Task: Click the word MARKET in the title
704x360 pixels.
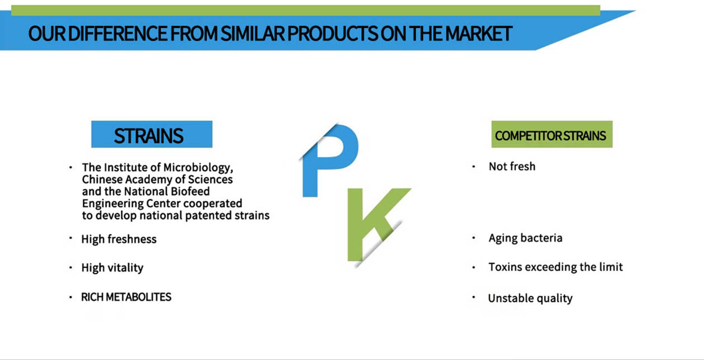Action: click(x=479, y=34)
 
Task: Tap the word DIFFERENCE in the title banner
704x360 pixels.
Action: click(x=117, y=34)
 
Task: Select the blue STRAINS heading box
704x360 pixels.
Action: click(x=152, y=134)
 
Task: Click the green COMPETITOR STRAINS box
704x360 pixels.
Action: click(x=552, y=134)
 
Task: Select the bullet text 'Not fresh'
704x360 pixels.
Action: click(x=512, y=167)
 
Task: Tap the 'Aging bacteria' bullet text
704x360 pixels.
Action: click(x=525, y=238)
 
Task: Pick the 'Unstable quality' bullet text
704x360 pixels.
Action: click(x=530, y=298)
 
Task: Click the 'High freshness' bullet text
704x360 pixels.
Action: click(x=119, y=239)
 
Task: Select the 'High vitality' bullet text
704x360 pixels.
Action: click(x=112, y=268)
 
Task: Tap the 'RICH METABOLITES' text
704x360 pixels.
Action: click(x=126, y=297)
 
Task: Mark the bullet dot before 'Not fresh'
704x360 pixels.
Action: click(x=474, y=167)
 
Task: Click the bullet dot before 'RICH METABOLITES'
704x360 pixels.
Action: click(x=71, y=297)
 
